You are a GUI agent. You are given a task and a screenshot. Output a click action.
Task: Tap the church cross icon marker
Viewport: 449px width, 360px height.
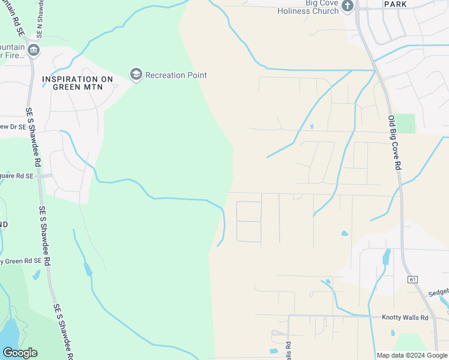(x=347, y=6)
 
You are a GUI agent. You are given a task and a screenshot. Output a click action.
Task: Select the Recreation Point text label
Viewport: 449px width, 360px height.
(x=176, y=75)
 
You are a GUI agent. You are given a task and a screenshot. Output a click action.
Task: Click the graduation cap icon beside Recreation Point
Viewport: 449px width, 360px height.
(x=136, y=74)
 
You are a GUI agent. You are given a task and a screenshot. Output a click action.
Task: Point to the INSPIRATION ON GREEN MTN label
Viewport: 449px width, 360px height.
(x=78, y=83)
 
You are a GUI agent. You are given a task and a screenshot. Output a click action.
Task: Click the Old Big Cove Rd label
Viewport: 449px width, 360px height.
(x=394, y=143)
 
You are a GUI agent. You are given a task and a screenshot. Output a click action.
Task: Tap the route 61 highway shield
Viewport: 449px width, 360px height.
(x=412, y=280)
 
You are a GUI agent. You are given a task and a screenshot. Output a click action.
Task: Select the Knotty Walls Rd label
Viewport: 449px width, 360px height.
(x=405, y=317)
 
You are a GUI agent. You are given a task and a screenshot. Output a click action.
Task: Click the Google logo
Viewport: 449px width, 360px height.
(x=20, y=353)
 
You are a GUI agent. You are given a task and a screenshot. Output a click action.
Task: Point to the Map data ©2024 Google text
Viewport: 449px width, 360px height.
(x=412, y=355)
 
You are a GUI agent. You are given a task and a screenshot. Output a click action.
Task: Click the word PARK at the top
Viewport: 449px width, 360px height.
(x=395, y=4)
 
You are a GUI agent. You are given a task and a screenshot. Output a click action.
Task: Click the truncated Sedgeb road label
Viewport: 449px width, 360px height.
(x=438, y=293)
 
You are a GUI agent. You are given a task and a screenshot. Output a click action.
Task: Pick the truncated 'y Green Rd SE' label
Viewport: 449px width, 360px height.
(x=21, y=261)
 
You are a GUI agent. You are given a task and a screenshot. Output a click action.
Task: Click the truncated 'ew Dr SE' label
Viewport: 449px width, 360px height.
(x=13, y=127)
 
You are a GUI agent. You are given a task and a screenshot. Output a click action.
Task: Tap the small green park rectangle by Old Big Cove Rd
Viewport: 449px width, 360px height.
(x=405, y=123)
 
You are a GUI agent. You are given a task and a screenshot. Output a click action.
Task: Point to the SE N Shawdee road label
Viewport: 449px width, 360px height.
(x=40, y=18)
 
